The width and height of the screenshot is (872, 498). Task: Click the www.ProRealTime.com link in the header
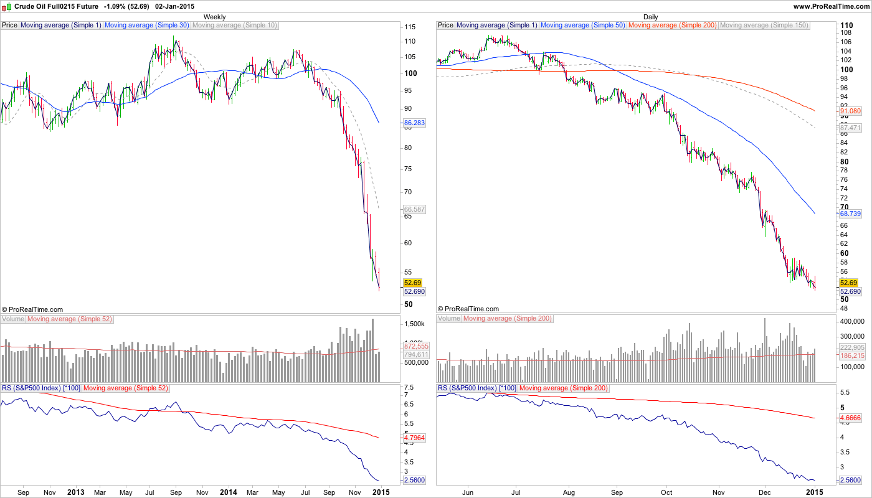click(x=831, y=6)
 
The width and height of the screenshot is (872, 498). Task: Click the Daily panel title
click(x=650, y=17)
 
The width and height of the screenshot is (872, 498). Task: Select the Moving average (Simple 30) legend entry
click(x=146, y=26)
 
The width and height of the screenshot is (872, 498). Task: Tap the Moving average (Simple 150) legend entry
click(x=764, y=26)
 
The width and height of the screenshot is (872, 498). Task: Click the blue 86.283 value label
click(x=414, y=123)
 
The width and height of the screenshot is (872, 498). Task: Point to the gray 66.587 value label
click(x=414, y=210)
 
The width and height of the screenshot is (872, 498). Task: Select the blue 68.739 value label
click(x=850, y=214)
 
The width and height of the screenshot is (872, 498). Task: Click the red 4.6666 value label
click(x=850, y=418)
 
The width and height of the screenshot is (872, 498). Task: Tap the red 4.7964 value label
click(x=414, y=438)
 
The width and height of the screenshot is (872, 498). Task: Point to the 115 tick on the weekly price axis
click(x=410, y=27)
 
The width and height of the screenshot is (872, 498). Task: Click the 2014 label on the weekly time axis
click(x=228, y=492)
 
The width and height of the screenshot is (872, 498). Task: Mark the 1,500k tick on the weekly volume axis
click(x=414, y=324)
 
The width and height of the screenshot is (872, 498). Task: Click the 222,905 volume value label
click(x=852, y=347)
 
